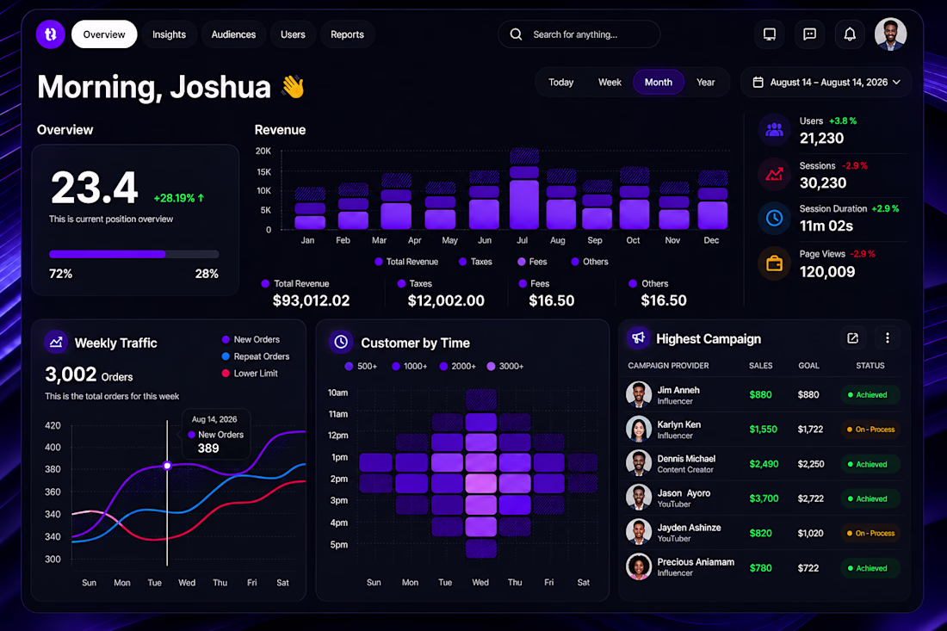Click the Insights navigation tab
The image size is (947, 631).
[169, 34]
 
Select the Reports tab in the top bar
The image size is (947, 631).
[347, 34]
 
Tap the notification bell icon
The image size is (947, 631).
[849, 34]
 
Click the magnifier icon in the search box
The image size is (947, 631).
[516, 34]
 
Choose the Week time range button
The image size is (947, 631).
[610, 82]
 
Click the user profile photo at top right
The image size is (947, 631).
[890, 34]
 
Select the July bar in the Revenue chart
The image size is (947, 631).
[523, 189]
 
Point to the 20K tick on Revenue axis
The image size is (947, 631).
[263, 151]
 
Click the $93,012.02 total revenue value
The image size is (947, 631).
[311, 300]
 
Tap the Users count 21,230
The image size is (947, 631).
[821, 139]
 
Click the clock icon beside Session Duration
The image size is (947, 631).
[774, 218]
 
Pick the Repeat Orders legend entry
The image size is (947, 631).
[256, 356]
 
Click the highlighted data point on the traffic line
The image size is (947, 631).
[167, 466]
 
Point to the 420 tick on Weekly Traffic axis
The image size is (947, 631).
[53, 425]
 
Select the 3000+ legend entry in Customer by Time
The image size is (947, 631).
[504, 366]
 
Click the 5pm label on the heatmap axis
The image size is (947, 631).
[339, 545]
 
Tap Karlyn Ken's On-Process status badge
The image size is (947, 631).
[870, 430]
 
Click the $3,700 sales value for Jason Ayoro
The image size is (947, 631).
[764, 498]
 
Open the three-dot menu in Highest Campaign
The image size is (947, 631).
[888, 338]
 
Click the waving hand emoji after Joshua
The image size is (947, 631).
[294, 87]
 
